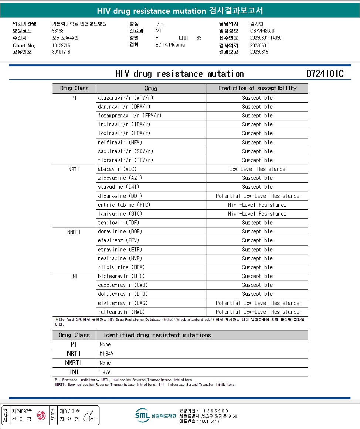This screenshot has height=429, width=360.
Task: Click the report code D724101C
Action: [x=325, y=74]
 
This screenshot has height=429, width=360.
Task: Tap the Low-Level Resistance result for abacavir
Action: [x=257, y=169]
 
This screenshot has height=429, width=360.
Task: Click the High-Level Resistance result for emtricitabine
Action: [x=257, y=205]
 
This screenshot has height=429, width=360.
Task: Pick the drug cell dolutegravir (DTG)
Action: [x=122, y=294]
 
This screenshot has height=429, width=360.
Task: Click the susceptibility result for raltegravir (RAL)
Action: [x=257, y=312]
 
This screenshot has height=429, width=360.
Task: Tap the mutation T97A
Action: [x=105, y=372]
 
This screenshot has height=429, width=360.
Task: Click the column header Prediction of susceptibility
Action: [x=257, y=88]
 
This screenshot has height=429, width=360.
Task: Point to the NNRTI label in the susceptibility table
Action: [x=74, y=232]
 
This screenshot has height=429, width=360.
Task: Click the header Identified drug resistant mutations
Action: [x=157, y=335]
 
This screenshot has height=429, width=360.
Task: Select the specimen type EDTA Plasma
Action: [x=170, y=45]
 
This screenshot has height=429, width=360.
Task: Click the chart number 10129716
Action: [x=61, y=45]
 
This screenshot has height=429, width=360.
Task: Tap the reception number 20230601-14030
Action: [x=266, y=38]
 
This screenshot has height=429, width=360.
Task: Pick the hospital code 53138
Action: [x=58, y=31]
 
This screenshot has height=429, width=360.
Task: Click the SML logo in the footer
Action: [x=142, y=415]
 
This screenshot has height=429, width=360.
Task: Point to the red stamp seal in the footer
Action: [x=41, y=415]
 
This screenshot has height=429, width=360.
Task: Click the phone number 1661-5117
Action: [x=209, y=421]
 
